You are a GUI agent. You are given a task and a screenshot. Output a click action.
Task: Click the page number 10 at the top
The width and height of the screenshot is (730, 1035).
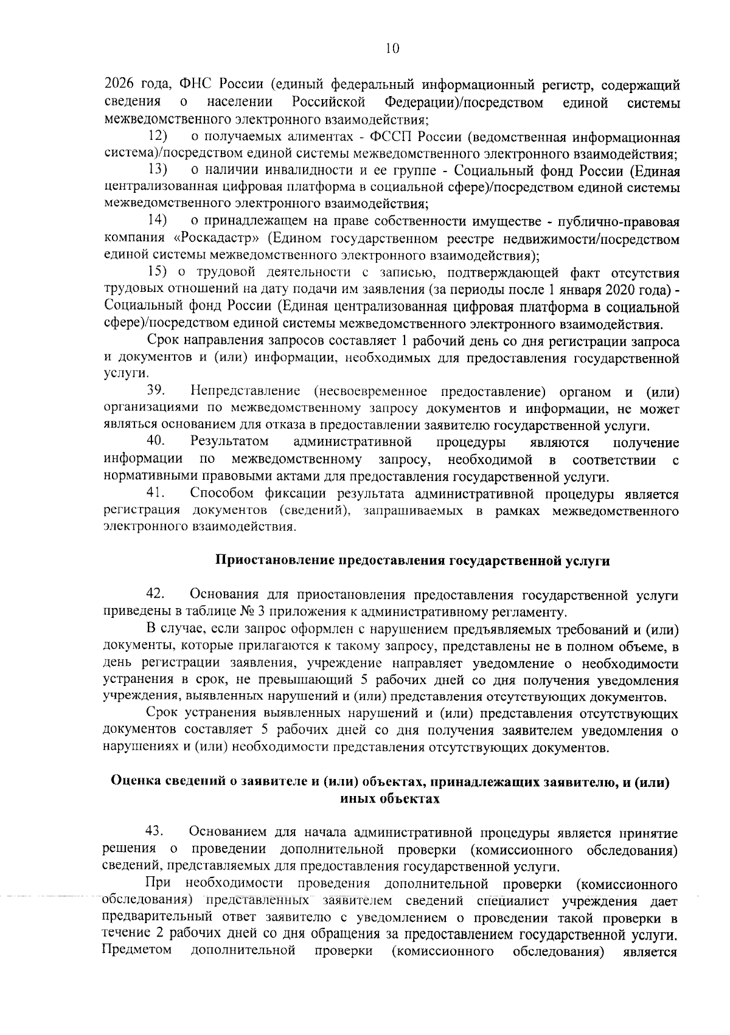[x=392, y=49]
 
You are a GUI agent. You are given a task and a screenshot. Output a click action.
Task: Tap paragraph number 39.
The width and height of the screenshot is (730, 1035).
[x=156, y=391]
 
